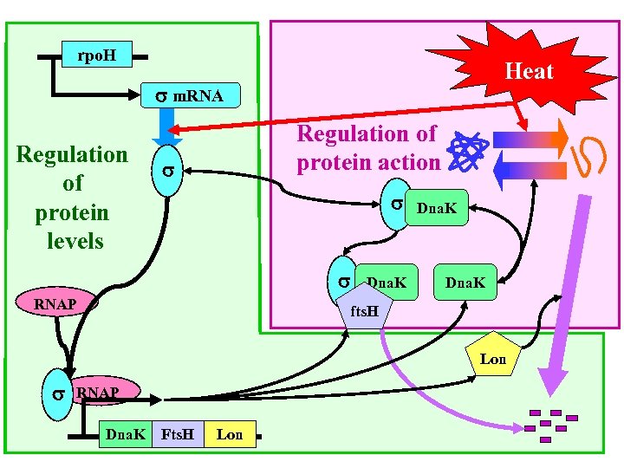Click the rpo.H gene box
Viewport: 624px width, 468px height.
[x=95, y=56]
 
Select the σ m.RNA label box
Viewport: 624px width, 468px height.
[x=188, y=96]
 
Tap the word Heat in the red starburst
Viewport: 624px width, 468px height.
[x=529, y=71]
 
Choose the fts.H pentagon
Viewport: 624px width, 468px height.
[x=365, y=310]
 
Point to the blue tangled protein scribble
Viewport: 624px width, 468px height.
[x=469, y=150]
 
